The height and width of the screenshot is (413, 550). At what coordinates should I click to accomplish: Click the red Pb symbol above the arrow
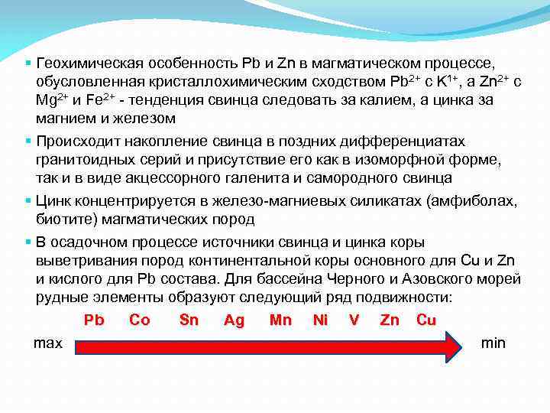tap(94, 320)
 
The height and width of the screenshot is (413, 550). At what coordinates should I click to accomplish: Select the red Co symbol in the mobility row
tap(140, 320)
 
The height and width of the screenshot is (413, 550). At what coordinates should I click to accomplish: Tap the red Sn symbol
tap(189, 320)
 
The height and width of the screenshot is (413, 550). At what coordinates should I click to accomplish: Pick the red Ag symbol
tap(234, 320)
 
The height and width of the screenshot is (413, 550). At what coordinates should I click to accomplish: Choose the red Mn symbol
tap(280, 320)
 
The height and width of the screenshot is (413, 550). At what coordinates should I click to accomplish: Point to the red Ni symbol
tap(320, 320)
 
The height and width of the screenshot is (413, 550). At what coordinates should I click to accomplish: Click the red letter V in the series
tap(354, 320)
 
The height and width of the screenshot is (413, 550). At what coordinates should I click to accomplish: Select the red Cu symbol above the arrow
tap(426, 320)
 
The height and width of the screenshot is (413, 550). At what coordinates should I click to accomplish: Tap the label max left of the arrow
tap(48, 343)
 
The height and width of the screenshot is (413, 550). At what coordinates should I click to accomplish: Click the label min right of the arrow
tap(493, 343)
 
